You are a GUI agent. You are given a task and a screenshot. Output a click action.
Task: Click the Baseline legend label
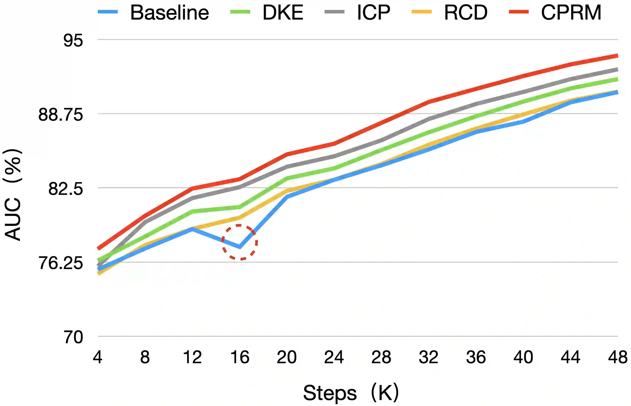coord(169,12)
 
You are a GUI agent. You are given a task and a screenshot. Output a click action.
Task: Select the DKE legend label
coord(283,12)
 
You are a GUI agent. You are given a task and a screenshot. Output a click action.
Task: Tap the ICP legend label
coord(373,12)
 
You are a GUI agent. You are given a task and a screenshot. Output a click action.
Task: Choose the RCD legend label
coord(466,12)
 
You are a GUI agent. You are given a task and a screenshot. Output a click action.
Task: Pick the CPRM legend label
coord(571,12)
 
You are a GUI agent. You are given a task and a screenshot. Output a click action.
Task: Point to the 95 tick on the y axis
coord(73,41)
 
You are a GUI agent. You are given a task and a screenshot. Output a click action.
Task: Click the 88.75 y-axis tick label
coord(61,115)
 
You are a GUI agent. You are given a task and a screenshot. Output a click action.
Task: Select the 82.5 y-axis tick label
coord(65,189)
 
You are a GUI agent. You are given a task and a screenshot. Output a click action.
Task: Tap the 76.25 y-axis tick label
coord(61,263)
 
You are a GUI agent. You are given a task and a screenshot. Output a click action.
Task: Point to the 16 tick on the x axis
coord(240,357)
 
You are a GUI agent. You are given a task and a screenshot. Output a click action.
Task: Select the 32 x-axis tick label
coord(428,357)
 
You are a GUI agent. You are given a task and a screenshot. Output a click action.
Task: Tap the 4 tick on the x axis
coord(98,357)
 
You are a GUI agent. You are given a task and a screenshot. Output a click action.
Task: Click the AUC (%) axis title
coord(13,194)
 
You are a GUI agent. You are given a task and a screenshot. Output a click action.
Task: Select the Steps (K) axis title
coord(351,393)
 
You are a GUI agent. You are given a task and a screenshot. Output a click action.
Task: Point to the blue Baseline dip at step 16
coord(240,247)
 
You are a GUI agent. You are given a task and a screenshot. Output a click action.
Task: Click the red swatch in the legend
coord(519,12)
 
